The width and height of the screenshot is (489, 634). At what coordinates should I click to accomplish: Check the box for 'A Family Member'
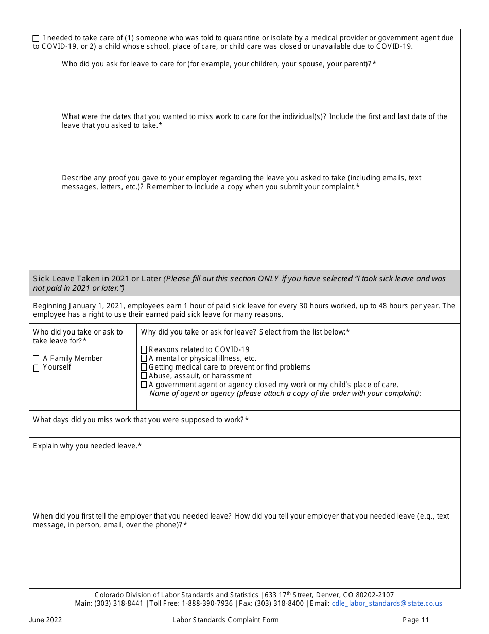coord(36,359)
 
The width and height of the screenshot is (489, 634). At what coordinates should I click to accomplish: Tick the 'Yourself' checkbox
coord(36,368)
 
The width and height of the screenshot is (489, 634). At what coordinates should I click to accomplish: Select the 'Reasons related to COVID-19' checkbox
coord(144,350)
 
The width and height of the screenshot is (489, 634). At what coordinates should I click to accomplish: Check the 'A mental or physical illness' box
coord(144,359)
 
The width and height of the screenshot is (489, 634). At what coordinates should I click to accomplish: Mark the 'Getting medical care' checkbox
coord(144,368)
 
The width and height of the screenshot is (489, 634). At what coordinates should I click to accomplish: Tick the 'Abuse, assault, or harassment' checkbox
coord(144,376)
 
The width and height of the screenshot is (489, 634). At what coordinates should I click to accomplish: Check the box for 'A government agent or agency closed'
coord(144,385)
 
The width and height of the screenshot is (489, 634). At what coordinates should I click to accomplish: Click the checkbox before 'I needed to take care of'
coord(36,38)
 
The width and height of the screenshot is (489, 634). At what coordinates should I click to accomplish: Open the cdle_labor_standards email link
coord(387,604)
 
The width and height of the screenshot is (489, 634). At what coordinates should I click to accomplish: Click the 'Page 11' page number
coord(415,620)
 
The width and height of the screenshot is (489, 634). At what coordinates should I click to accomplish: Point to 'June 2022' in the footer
coord(45,620)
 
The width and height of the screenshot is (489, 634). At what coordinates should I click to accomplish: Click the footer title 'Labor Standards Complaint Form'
coord(225,620)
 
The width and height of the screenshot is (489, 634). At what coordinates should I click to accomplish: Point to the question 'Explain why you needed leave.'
coord(87,446)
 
